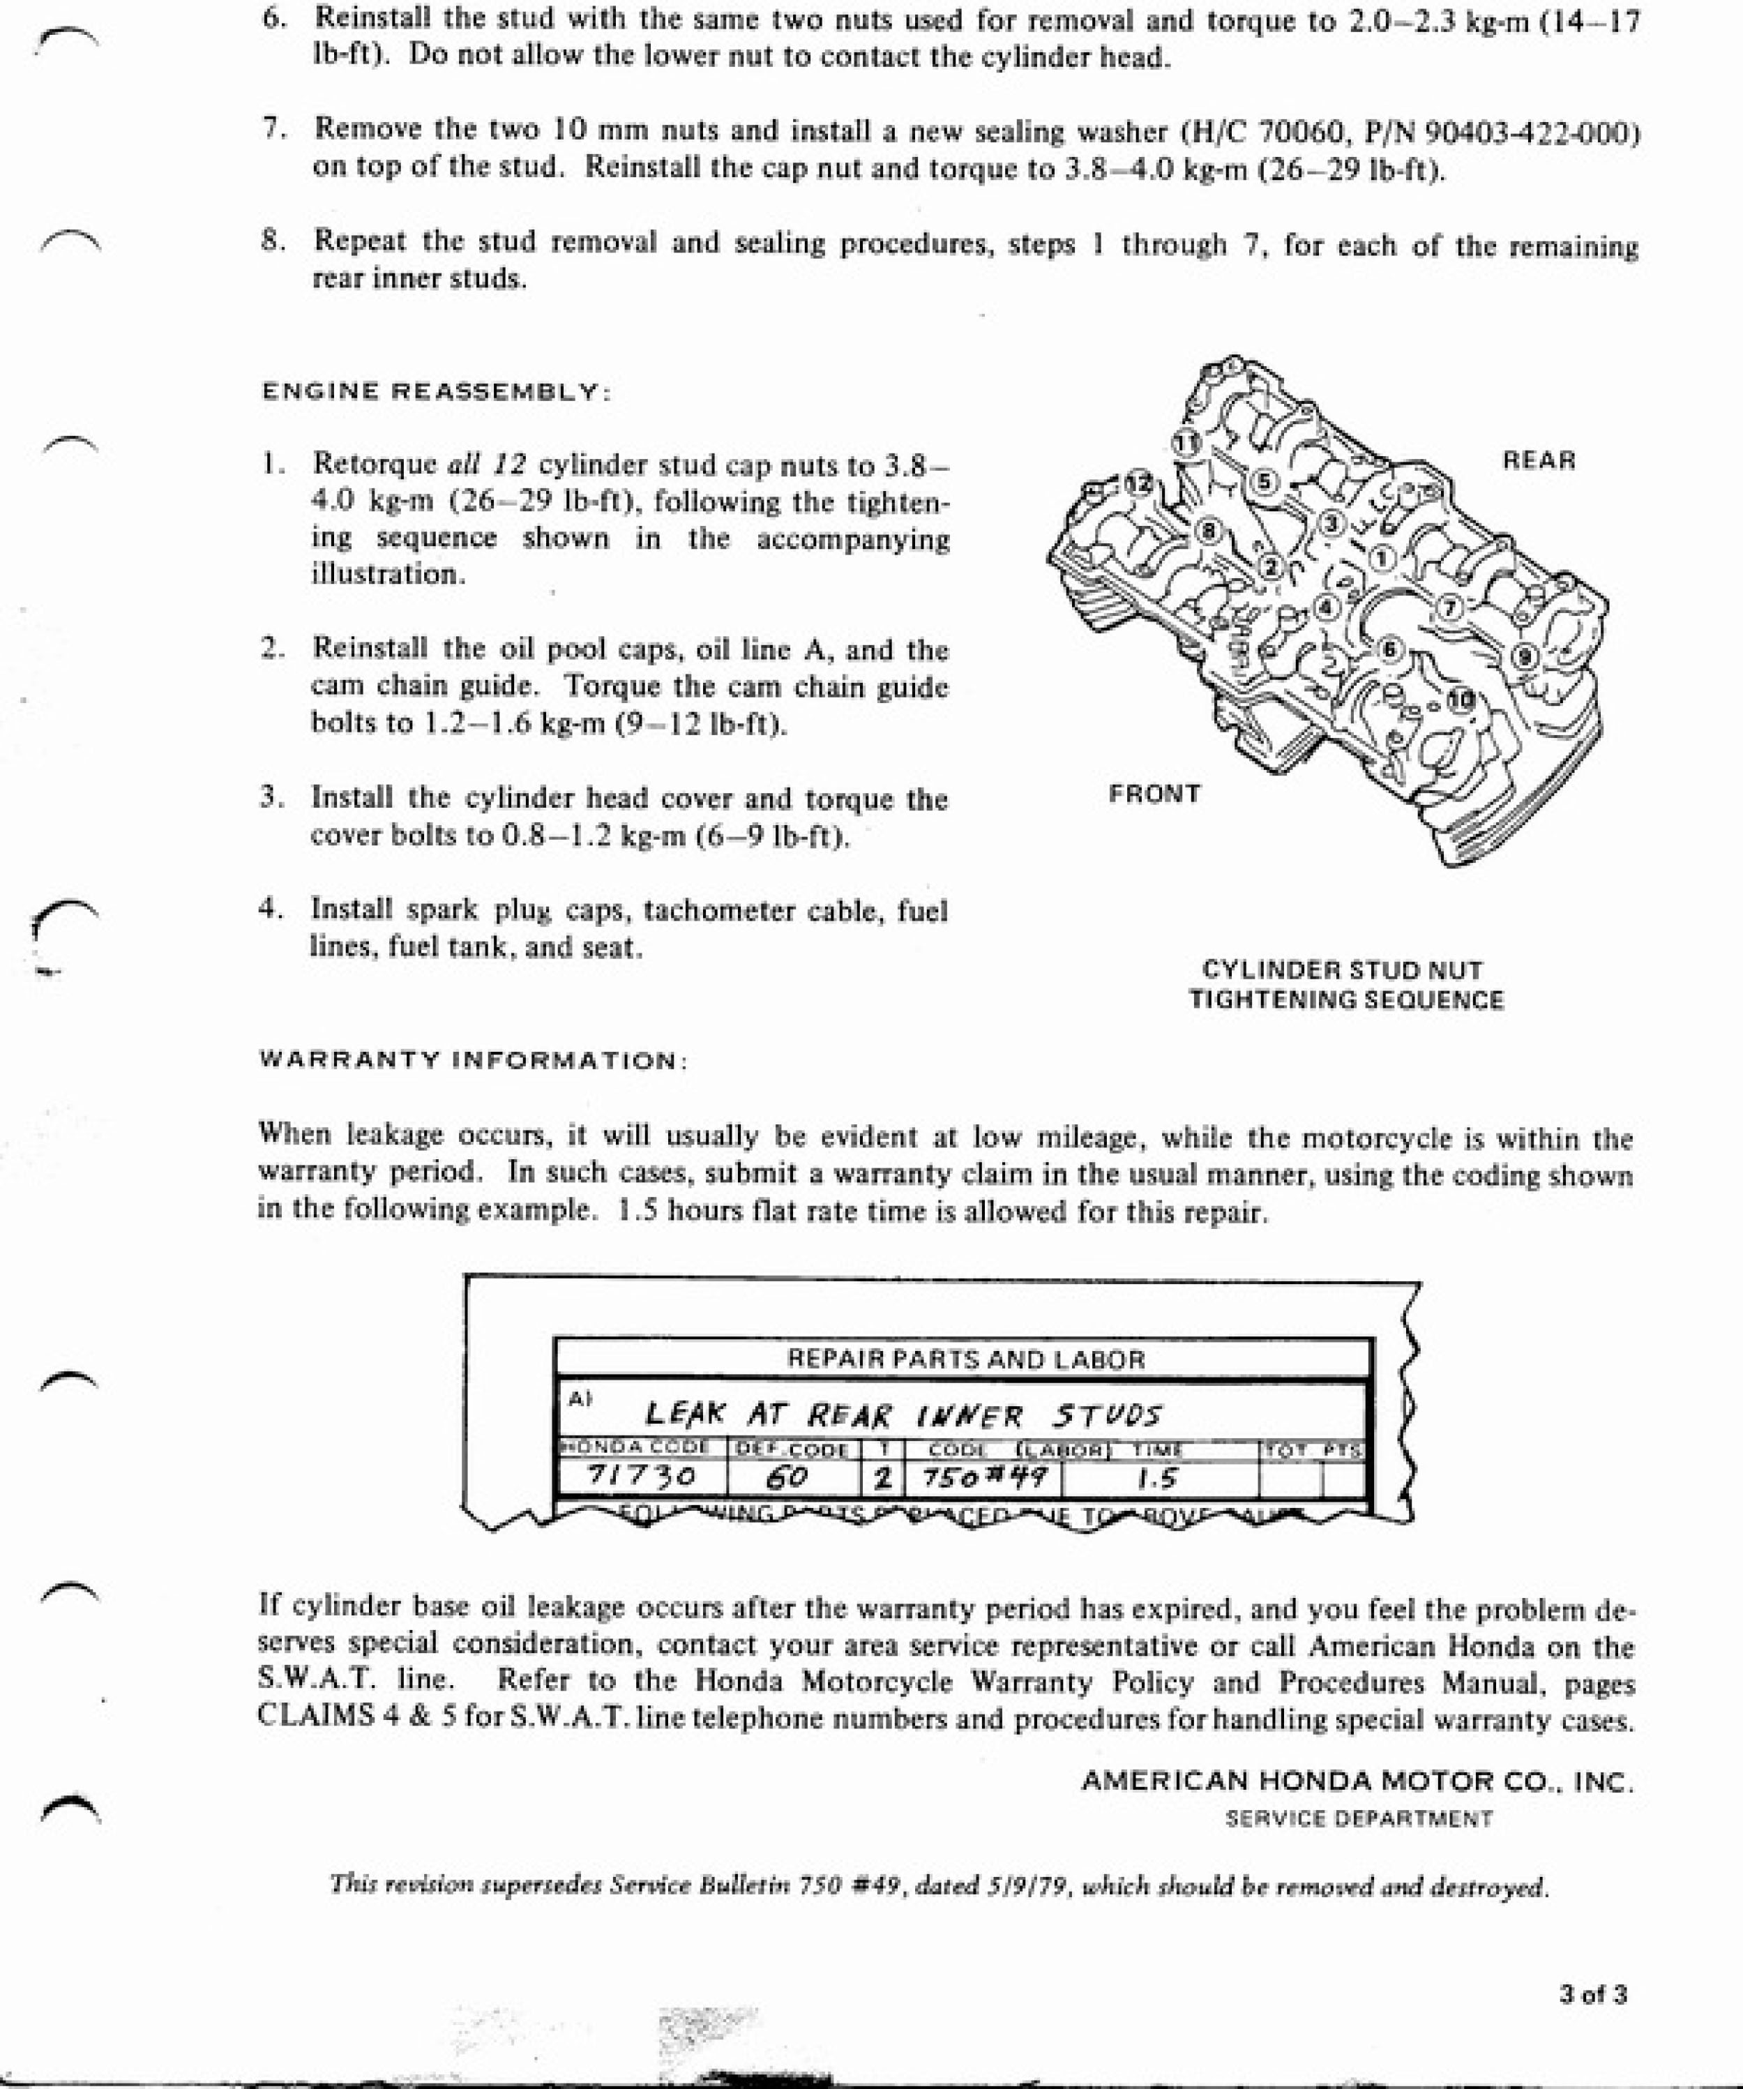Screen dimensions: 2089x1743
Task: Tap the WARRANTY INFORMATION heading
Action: [x=473, y=1059]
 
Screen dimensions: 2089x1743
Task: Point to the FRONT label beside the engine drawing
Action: [x=1154, y=794]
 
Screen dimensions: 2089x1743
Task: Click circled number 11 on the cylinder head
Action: [x=1185, y=442]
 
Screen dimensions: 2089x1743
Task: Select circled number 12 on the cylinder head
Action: [x=1138, y=483]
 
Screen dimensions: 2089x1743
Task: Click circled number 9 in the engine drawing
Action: [x=1525, y=656]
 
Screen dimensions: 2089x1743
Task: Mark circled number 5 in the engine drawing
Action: [x=1265, y=481]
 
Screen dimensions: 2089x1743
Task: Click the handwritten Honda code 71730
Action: [x=641, y=1476]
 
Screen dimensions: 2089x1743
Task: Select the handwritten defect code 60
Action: [x=786, y=1478]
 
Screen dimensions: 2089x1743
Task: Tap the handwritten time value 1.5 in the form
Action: [x=1157, y=1478]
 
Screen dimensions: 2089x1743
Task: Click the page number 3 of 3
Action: [x=1593, y=1993]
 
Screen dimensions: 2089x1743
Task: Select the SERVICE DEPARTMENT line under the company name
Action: [x=1358, y=1818]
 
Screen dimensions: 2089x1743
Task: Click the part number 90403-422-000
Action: [x=1532, y=133]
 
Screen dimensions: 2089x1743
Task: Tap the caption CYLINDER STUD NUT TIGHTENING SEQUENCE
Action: [x=1345, y=985]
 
